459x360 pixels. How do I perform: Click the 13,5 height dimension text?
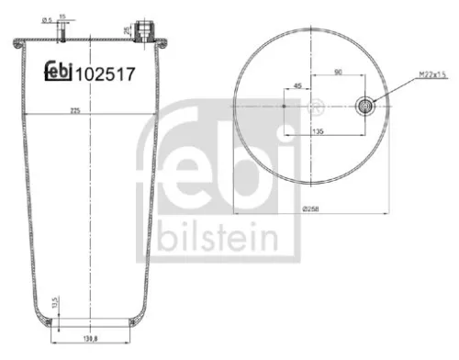(x=55, y=305)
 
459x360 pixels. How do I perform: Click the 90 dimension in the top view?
(x=339, y=70)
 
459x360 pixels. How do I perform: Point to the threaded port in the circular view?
(x=366, y=105)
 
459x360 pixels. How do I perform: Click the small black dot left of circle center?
(x=285, y=106)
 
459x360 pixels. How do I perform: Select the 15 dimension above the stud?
(x=62, y=16)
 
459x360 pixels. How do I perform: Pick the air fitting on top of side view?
(x=144, y=30)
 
